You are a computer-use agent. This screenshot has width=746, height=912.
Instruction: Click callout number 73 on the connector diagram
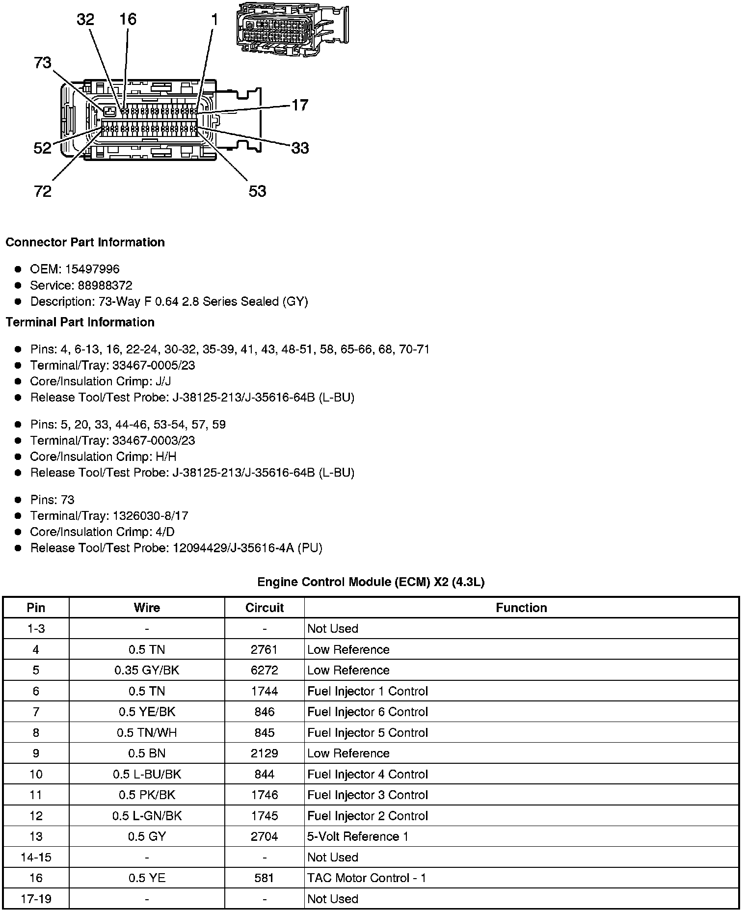point(43,63)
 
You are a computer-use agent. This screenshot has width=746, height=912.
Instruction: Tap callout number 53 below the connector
point(257,191)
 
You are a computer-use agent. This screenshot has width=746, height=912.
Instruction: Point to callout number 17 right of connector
point(300,105)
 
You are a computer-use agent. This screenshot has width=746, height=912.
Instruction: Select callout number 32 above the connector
point(85,20)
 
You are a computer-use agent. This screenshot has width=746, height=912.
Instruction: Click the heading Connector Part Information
point(85,242)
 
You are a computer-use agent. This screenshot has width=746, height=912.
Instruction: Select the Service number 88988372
point(105,285)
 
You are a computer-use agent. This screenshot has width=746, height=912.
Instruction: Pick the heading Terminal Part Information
point(80,322)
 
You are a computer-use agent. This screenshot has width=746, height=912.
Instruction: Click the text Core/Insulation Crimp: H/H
point(103,456)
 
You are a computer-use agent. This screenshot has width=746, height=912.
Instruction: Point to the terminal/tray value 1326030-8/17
point(150,516)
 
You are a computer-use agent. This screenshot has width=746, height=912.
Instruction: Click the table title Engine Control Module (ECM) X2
point(371,582)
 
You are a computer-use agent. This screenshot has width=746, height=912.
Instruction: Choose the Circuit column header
point(265,608)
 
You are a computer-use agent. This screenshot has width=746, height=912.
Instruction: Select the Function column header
point(521,608)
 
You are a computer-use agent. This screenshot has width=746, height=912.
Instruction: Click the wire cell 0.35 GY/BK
point(147,671)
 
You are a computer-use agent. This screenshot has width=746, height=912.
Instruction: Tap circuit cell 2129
point(265,753)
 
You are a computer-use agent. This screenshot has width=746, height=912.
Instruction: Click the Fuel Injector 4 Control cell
point(368,775)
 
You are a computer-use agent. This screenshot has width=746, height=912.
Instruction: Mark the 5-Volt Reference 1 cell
point(358,837)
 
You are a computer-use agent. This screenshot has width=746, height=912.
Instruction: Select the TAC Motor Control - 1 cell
point(367,878)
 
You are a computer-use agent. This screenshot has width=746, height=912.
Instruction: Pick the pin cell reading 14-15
point(36,858)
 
